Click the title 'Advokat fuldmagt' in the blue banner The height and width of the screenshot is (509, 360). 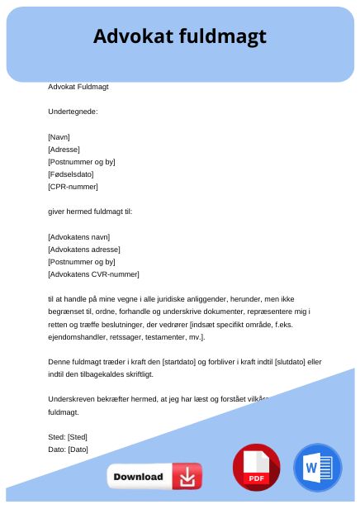pyautogui.click(x=180, y=36)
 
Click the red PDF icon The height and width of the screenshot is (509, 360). pyautogui.click(x=256, y=469)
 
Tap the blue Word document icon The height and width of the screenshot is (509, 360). pyautogui.click(x=317, y=469)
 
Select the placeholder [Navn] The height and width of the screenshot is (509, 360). pyautogui.click(x=59, y=137)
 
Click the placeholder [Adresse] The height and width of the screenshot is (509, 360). pyautogui.click(x=64, y=150)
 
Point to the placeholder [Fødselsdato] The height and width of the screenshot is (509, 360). pyautogui.click(x=71, y=174)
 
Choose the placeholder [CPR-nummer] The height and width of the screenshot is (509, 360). pyautogui.click(x=73, y=187)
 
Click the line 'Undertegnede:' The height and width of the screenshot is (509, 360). pyautogui.click(x=73, y=111)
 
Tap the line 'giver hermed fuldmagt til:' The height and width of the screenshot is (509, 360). pyautogui.click(x=90, y=212)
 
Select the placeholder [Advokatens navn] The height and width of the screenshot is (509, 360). pyautogui.click(x=79, y=236)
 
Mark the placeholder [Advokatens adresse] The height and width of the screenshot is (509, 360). pyautogui.click(x=84, y=249)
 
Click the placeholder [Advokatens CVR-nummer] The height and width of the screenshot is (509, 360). pyautogui.click(x=93, y=274)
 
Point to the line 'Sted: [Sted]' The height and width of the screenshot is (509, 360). pyautogui.click(x=68, y=436)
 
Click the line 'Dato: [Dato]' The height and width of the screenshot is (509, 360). pyautogui.click(x=68, y=449)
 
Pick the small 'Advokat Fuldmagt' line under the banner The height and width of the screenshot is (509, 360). pyautogui.click(x=78, y=86)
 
